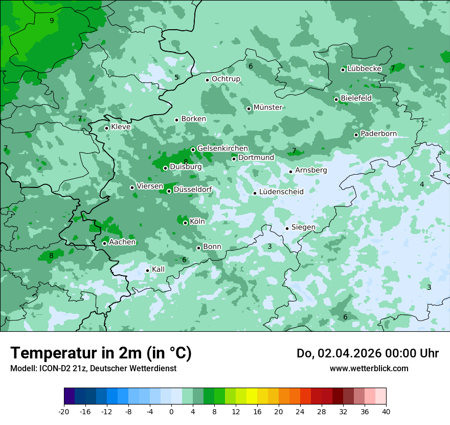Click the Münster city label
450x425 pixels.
point(268,108)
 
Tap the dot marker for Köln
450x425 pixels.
point(185,223)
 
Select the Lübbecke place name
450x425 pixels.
point(364,69)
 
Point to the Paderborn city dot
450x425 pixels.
point(356,135)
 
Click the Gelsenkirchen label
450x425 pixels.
point(222,148)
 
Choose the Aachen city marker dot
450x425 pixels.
point(104,243)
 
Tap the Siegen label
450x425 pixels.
point(303,227)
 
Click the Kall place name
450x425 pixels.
point(158,269)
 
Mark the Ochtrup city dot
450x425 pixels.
point(207,80)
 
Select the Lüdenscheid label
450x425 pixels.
point(281,192)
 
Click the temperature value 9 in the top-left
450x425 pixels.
point(52,20)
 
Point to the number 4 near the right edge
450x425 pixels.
point(422,184)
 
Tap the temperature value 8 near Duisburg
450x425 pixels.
point(186,162)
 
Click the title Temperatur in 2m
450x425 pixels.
point(101,353)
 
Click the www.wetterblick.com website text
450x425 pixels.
point(369,368)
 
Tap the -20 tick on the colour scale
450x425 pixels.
point(64,411)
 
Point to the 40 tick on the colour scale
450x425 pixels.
point(386,411)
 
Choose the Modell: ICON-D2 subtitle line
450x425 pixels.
point(93,368)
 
